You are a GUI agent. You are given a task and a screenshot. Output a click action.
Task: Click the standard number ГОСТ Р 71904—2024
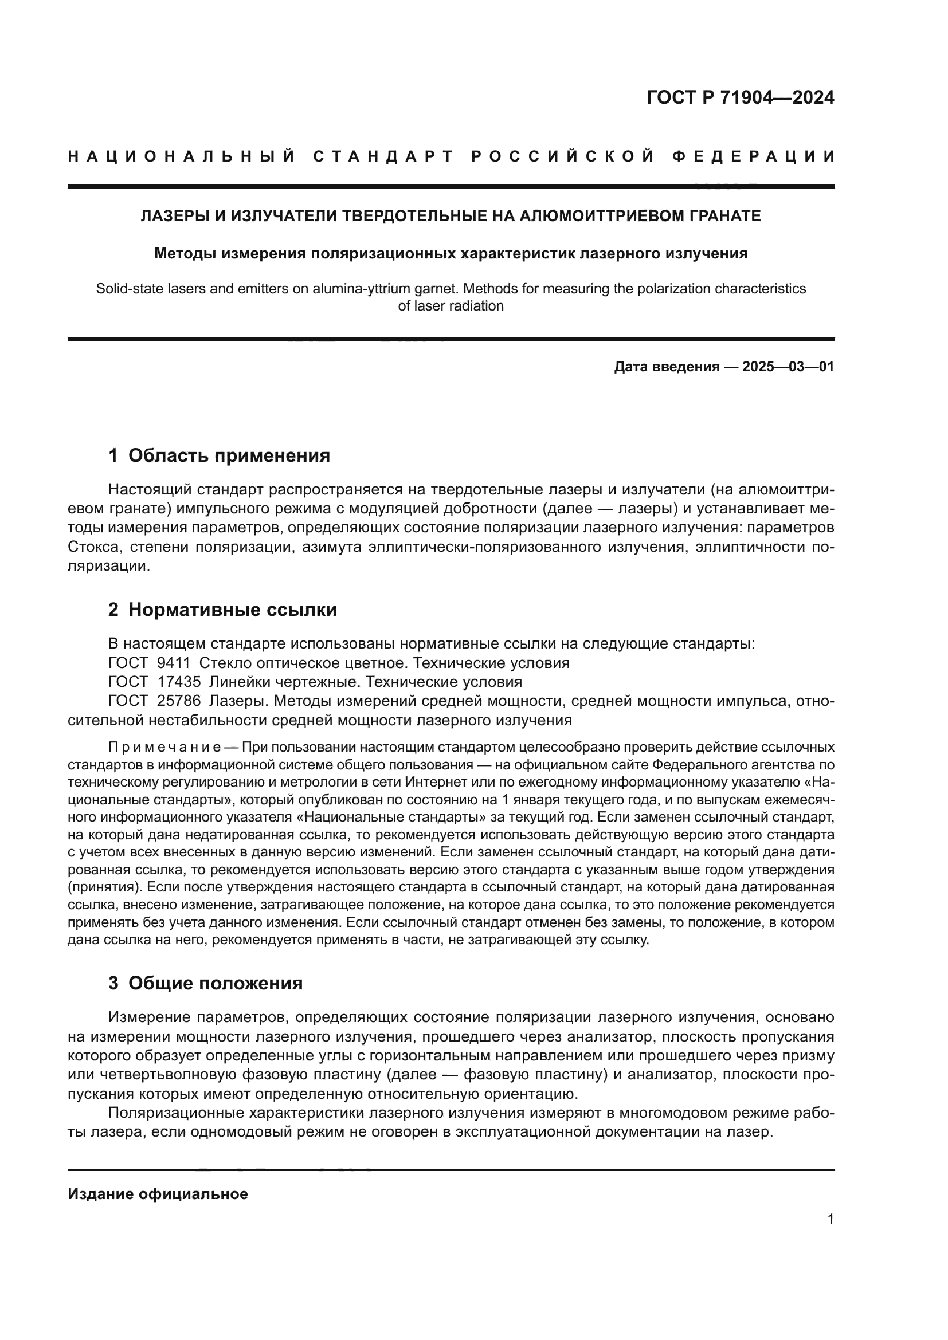click(x=740, y=97)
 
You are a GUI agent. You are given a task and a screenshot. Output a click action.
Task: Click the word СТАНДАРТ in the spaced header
click(x=383, y=156)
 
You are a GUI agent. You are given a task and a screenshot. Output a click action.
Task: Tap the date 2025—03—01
click(x=788, y=367)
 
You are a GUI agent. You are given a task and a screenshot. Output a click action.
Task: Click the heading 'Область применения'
click(x=229, y=455)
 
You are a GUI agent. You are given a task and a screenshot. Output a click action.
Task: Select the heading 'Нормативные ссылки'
click(x=232, y=610)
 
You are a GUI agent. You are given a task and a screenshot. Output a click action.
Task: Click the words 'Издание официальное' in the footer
click(x=158, y=1194)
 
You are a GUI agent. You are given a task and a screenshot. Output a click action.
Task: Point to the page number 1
click(x=830, y=1219)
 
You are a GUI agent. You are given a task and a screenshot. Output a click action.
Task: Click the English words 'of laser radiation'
click(x=451, y=306)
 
